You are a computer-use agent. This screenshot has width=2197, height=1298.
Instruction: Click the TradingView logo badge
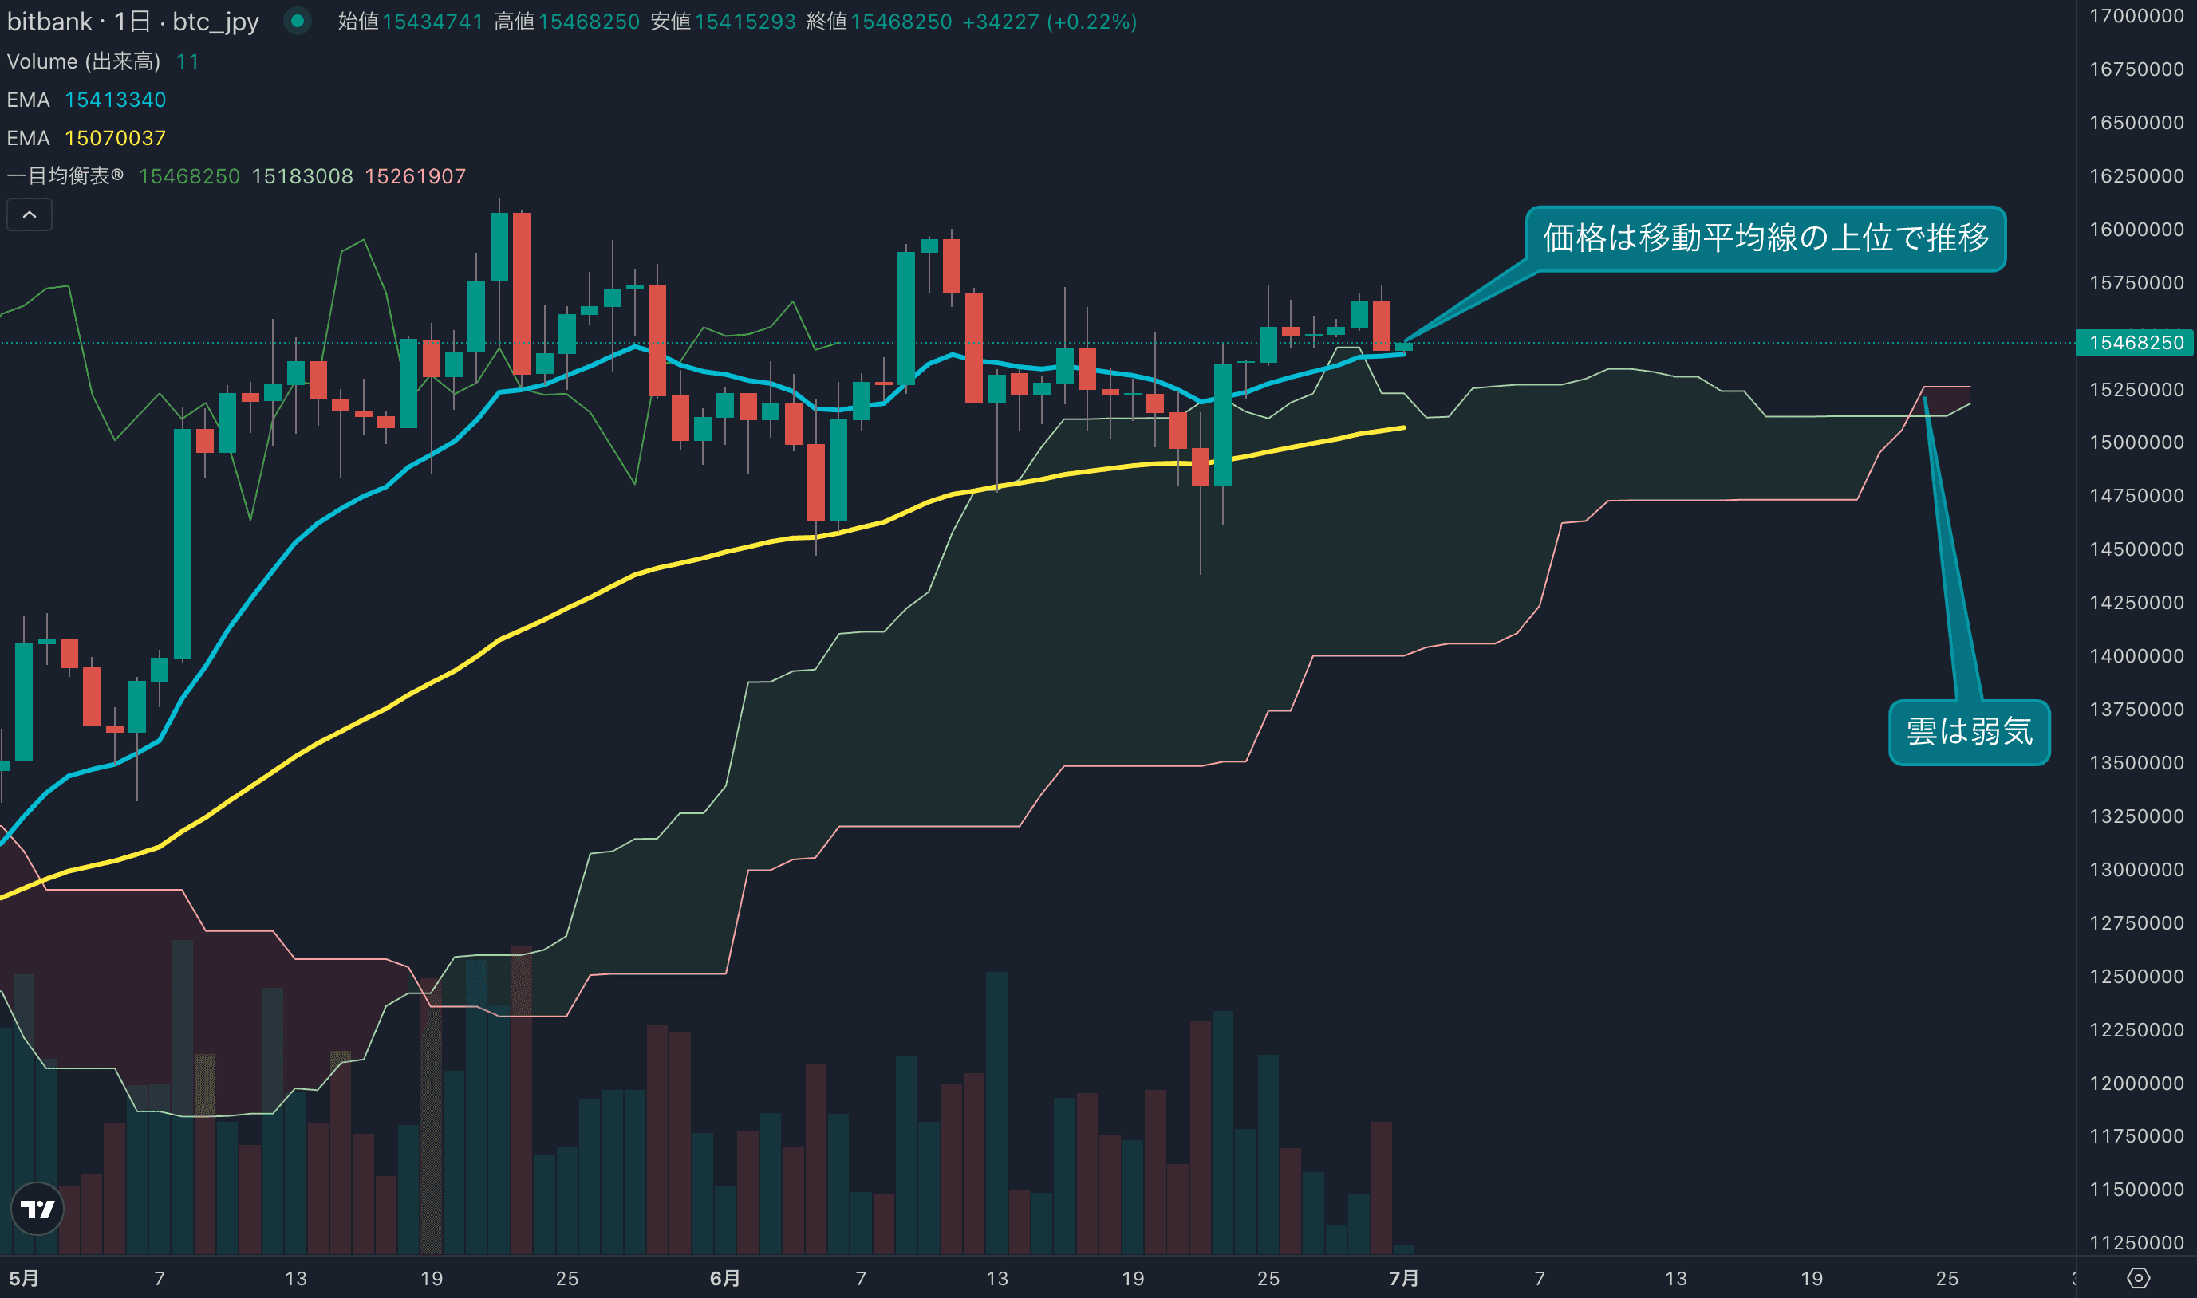pos(37,1208)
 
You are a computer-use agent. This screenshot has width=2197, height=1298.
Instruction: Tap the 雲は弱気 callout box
pos(1969,732)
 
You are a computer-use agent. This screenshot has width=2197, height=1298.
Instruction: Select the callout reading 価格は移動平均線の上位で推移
pos(1765,238)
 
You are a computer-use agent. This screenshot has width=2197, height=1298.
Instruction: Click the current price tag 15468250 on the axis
pos(2135,343)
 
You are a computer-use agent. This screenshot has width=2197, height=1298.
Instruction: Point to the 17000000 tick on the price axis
pos(2136,16)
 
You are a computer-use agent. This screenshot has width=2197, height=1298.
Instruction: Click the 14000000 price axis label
pos(2136,656)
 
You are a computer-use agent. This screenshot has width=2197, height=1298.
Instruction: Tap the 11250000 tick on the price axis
pos(2136,1243)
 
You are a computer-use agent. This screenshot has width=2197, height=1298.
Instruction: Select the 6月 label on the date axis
pos(724,1279)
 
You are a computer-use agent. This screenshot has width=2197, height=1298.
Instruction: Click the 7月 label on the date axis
pos(1403,1279)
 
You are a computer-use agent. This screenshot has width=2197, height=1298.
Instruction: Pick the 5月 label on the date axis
pos(24,1279)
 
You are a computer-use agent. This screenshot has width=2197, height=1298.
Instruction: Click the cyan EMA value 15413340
pos(116,100)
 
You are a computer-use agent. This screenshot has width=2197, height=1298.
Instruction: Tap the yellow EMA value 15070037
pos(116,138)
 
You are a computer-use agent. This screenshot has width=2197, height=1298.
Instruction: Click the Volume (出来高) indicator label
pos(83,61)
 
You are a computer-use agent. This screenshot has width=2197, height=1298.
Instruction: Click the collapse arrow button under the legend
pos(29,214)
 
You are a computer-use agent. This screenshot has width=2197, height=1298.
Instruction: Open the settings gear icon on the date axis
pos(2137,1279)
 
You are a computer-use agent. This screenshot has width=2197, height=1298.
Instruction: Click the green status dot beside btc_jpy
pos(298,21)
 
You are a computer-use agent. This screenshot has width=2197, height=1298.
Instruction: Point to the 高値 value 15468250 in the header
pos(589,22)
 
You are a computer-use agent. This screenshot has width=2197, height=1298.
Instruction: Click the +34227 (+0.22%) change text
pos(1049,22)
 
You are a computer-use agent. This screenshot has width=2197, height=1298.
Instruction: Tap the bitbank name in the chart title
pos(49,22)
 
